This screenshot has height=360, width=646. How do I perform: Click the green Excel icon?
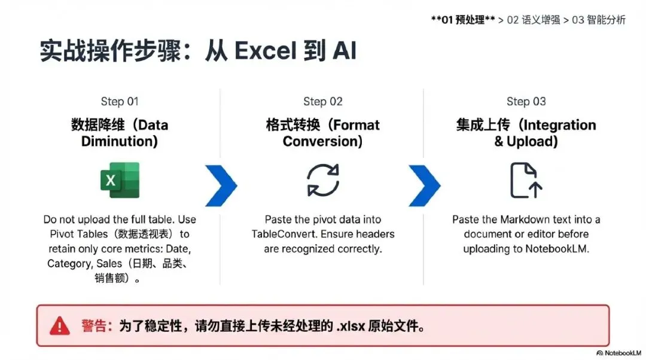coord(120,180)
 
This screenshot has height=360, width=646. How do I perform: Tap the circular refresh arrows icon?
coord(323,180)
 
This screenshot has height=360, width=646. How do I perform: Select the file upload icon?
coord(526,180)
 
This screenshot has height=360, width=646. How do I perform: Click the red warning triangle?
coord(60,326)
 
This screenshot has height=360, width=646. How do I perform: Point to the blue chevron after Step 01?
coord(221,185)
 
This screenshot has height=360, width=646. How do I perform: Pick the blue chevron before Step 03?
coord(424,185)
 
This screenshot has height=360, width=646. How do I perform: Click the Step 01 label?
coord(120,102)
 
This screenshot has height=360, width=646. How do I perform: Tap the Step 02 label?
coord(323,102)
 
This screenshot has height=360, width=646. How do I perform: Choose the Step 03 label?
coord(526,102)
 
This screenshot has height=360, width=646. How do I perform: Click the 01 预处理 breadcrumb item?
coord(463,20)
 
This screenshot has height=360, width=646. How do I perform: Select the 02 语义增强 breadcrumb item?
coord(534,20)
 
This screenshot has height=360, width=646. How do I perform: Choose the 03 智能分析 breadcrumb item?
coord(599,20)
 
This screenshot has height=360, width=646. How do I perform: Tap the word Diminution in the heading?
coord(120,142)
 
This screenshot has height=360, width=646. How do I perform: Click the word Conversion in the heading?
coord(323,142)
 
